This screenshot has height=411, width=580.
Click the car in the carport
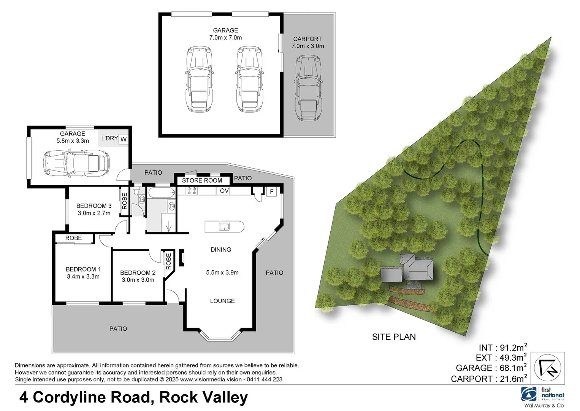(307, 87)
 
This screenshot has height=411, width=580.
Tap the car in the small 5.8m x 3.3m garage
(76, 163)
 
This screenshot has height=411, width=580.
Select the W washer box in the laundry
(123, 139)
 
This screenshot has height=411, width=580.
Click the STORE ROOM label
(202, 180)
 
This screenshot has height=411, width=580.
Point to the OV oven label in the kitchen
(224, 191)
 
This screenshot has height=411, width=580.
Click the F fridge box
(271, 191)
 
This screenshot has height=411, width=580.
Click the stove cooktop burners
(191, 191)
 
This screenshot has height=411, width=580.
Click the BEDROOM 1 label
(83, 269)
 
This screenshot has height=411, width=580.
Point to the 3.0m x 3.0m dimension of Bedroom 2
(138, 280)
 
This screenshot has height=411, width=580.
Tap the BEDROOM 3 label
(94, 206)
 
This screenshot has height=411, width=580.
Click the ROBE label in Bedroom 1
(73, 238)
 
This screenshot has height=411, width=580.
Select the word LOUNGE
(222, 301)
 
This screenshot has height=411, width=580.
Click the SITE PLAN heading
(394, 337)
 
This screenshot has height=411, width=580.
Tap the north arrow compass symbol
(549, 367)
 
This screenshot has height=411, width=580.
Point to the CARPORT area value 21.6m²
(511, 379)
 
